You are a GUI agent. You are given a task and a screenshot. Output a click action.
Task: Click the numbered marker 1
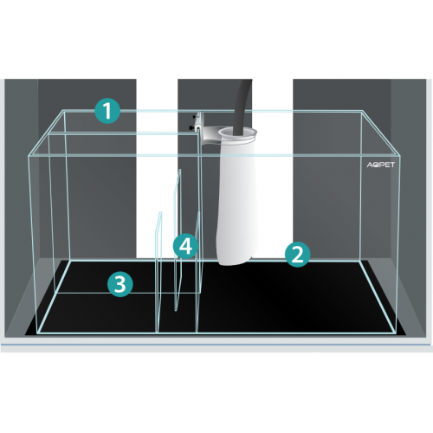click(107, 111)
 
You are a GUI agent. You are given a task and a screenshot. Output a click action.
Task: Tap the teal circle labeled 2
click(297, 255)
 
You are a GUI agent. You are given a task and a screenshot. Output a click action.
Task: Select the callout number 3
click(120, 284)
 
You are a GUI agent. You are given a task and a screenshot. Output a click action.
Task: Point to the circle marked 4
click(185, 246)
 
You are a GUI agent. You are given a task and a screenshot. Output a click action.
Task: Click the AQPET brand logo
click(380, 165)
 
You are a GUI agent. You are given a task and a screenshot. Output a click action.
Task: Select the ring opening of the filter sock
click(237, 133)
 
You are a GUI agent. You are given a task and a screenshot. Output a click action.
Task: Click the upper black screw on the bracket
click(195, 117)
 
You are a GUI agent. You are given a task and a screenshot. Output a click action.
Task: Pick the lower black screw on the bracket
click(191, 127)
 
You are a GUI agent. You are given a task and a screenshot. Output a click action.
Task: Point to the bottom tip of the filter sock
click(228, 264)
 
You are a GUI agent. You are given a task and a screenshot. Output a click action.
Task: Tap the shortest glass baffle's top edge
click(159, 213)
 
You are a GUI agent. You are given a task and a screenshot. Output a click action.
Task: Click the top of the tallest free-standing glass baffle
click(179, 171)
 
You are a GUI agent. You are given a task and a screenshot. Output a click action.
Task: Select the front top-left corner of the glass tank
click(29, 156)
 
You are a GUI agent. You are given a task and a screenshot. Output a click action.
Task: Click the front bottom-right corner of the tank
click(397, 333)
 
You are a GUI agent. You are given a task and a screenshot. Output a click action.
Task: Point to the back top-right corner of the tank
click(361, 111)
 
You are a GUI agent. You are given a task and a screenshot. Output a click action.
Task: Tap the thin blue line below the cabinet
click(216, 345)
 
